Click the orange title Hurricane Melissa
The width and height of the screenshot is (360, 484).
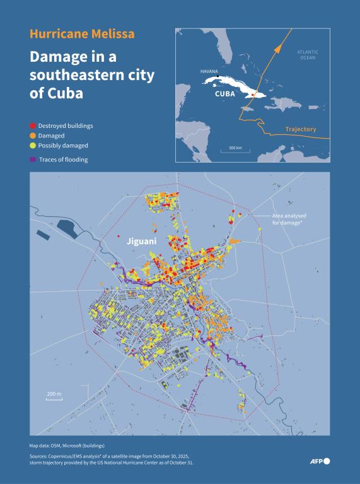pos(82,34)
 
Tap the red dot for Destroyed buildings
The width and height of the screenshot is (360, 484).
pos(33,126)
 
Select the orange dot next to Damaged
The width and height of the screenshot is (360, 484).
pos(33,135)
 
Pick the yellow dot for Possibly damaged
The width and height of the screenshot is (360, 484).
pos(33,146)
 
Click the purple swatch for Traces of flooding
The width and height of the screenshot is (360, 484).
pos(33,159)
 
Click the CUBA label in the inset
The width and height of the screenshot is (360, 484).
pos(225,94)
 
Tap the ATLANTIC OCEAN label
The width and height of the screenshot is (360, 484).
pos(307,55)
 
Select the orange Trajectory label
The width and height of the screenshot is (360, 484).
pos(300,129)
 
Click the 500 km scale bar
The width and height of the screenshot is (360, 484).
pos(235,151)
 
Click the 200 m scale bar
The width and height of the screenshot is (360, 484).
pos(54,398)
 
